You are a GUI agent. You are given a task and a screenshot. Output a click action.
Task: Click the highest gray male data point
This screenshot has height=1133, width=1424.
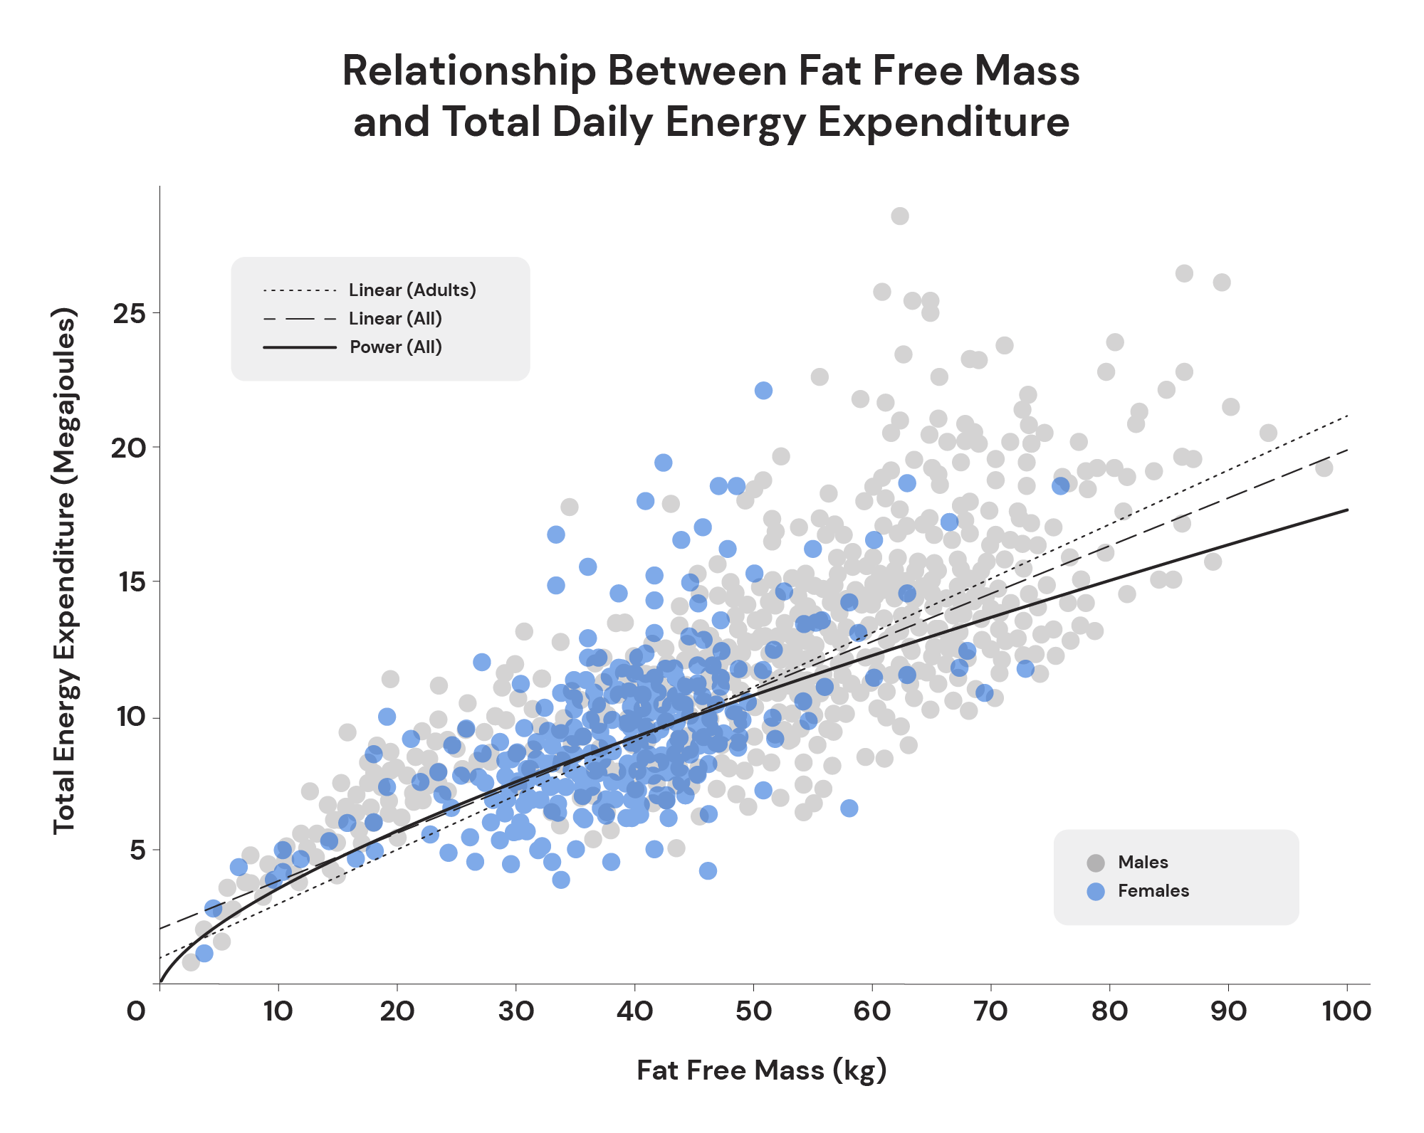pyautogui.click(x=900, y=216)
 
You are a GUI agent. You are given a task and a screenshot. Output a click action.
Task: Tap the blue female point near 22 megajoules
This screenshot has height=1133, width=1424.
pyautogui.click(x=763, y=390)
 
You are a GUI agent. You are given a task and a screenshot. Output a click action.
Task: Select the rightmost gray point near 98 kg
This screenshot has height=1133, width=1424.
pyautogui.click(x=1324, y=468)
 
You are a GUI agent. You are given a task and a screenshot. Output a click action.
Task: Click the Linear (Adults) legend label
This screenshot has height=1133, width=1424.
pyautogui.click(x=412, y=290)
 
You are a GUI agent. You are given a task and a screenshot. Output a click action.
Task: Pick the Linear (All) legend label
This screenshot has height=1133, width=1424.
pyautogui.click(x=395, y=319)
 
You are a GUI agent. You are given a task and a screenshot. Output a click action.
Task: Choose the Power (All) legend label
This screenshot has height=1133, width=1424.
pyautogui.click(x=396, y=347)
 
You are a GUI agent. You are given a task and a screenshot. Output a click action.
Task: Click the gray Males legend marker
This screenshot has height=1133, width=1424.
pyautogui.click(x=1096, y=863)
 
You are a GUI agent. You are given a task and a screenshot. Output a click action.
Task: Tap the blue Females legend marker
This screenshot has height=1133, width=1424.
pyautogui.click(x=1096, y=891)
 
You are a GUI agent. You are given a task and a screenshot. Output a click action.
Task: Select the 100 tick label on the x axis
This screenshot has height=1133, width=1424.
pyautogui.click(x=1346, y=1011)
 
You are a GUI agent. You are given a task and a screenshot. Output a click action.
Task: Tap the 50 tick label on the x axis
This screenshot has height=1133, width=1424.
pyautogui.click(x=753, y=1011)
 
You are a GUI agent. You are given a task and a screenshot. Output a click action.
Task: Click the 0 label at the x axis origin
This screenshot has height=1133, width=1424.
pyautogui.click(x=135, y=1011)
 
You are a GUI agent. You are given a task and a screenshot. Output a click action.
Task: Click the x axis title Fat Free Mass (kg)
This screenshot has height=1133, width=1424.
pyautogui.click(x=761, y=1070)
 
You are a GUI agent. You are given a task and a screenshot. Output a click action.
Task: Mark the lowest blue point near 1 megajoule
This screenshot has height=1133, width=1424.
pyautogui.click(x=204, y=953)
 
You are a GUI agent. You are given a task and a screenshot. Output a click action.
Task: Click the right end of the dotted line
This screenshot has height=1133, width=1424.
pyautogui.click(x=1347, y=415)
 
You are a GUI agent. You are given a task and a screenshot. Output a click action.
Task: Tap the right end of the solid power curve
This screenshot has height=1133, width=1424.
pyautogui.click(x=1347, y=510)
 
